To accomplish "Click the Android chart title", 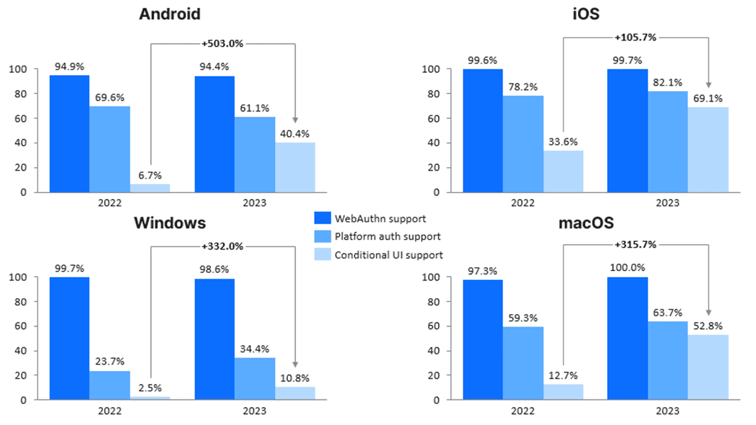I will pyautogui.click(x=169, y=14).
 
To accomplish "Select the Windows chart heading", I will pyautogui.click(x=170, y=223).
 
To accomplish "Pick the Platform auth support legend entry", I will pyautogui.click(x=379, y=237).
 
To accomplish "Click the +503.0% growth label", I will pyautogui.click(x=223, y=44).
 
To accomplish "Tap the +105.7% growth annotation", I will pyautogui.click(x=636, y=37).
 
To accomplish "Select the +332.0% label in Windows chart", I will pyautogui.click(x=223, y=246).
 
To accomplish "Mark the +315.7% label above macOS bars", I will pyautogui.click(x=636, y=244).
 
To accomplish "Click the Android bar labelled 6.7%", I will pyautogui.click(x=150, y=188).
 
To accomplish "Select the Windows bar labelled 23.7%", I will pyautogui.click(x=110, y=385).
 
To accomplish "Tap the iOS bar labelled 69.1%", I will pyautogui.click(x=708, y=150).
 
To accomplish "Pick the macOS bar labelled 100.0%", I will pyautogui.click(x=627, y=338).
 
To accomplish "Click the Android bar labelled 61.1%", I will pyautogui.click(x=254, y=154).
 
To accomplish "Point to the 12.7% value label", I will pyautogui.click(x=562, y=376).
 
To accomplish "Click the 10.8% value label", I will pyautogui.click(x=295, y=378).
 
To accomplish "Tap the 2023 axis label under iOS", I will pyautogui.click(x=667, y=203).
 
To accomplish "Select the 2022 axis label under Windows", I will pyautogui.click(x=110, y=411).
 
